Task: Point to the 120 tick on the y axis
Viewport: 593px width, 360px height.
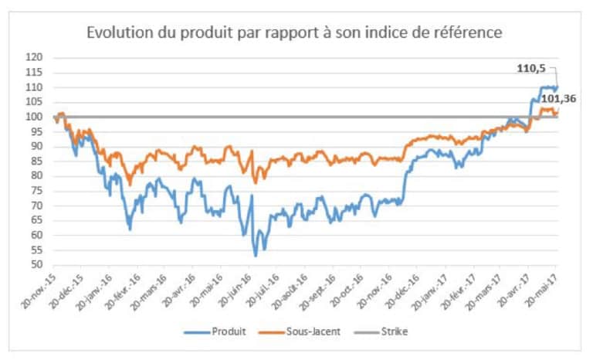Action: (x=35, y=57)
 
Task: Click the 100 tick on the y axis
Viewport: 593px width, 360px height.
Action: (x=35, y=117)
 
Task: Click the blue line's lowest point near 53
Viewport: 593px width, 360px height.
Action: (x=255, y=256)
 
